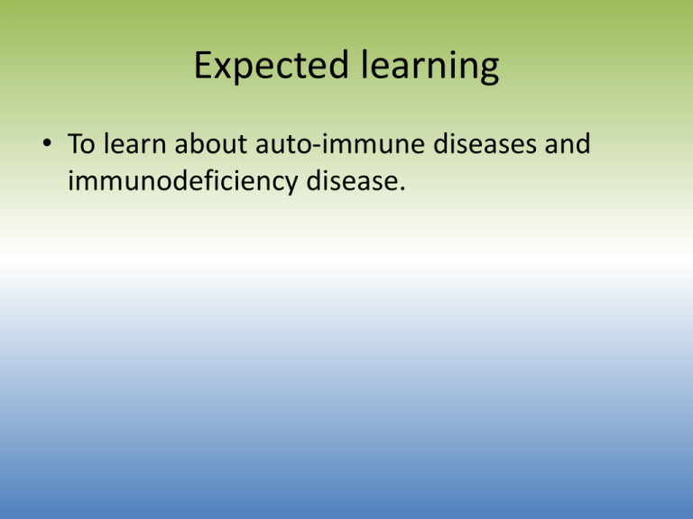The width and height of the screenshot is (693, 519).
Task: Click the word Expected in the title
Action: coord(272,65)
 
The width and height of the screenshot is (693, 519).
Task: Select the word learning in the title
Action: coord(430,65)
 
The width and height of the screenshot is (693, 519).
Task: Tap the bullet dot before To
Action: coord(47,143)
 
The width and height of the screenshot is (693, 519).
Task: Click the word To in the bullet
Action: coord(81,143)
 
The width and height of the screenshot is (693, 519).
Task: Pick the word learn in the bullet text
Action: coord(134,143)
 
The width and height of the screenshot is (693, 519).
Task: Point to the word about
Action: coord(211,143)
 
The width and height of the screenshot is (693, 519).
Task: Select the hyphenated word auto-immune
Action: coord(340,143)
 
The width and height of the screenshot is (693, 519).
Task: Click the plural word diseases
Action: coord(485,143)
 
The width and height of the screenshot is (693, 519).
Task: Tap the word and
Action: coord(568,143)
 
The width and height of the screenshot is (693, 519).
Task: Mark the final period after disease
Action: coord(402,189)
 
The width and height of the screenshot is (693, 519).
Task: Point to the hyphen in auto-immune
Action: coord(316,146)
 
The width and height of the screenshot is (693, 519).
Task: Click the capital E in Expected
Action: coord(203,65)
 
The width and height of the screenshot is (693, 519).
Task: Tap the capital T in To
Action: coord(75,143)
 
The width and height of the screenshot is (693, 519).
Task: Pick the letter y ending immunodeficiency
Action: coord(291,186)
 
